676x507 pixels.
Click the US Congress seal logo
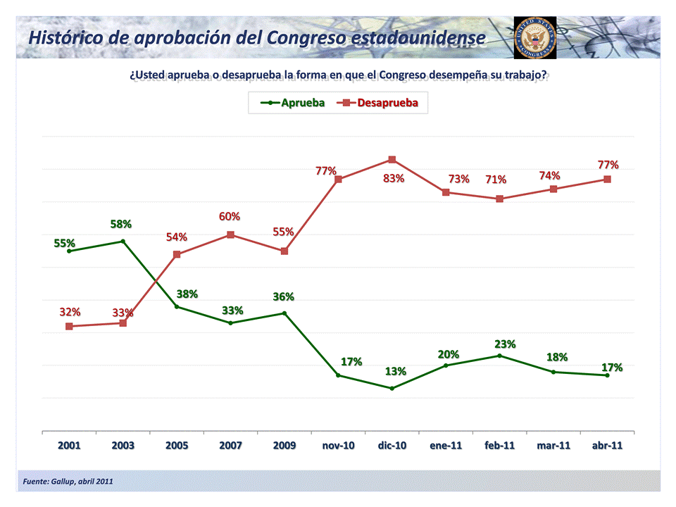pyautogui.click(x=535, y=37)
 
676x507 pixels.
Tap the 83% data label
pyautogui.click(x=394, y=179)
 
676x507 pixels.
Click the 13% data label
pyautogui.click(x=395, y=371)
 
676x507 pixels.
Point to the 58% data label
pyautogui.click(x=121, y=224)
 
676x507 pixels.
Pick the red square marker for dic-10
pyautogui.click(x=392, y=160)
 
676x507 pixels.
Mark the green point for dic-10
pyautogui.click(x=392, y=388)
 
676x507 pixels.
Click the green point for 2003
pyautogui.click(x=123, y=241)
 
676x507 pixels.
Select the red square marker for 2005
pyautogui.click(x=177, y=254)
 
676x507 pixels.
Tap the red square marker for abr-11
pyautogui.click(x=607, y=179)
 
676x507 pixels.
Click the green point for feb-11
pyautogui.click(x=499, y=356)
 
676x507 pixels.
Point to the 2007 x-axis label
pyautogui.click(x=230, y=446)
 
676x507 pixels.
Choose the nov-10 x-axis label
pyautogui.click(x=338, y=446)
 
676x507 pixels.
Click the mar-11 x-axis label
pyautogui.click(x=553, y=446)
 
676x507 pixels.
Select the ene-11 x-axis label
pyautogui.click(x=446, y=446)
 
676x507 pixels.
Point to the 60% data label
pyautogui.click(x=230, y=216)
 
